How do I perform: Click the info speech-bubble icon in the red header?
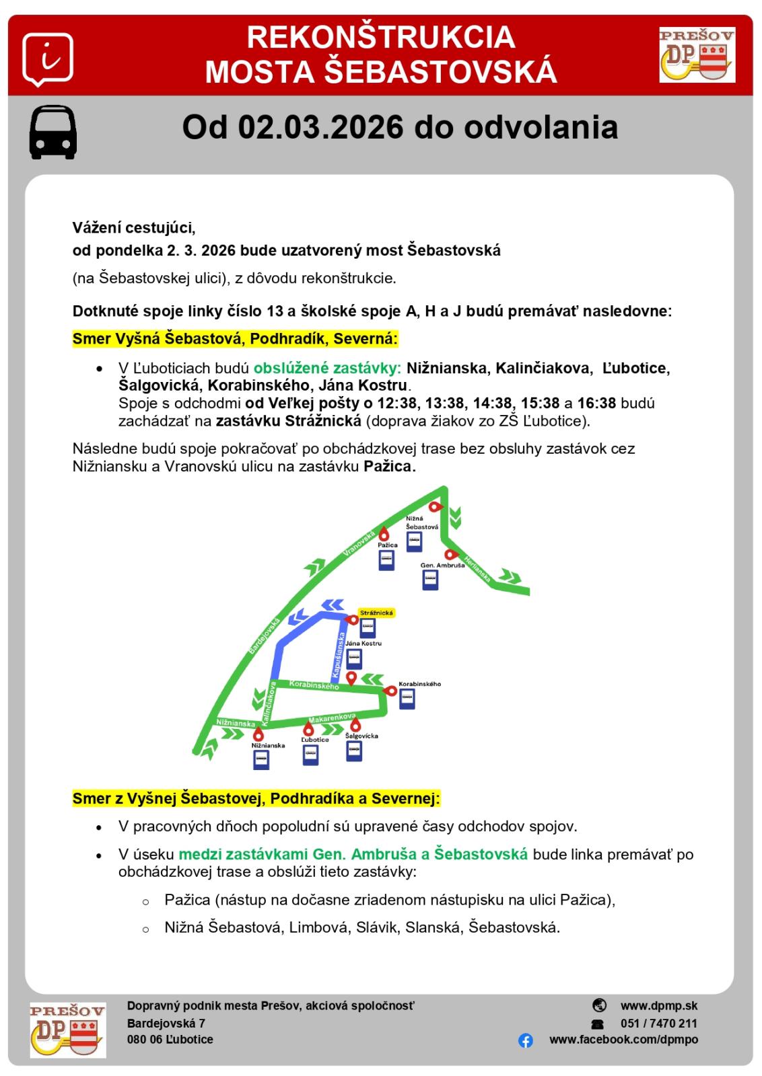(x=47, y=59)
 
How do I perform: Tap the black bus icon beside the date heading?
(x=53, y=132)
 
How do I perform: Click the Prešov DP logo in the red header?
(x=697, y=54)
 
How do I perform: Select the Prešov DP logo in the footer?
(x=67, y=1030)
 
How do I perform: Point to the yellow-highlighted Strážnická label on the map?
(x=376, y=613)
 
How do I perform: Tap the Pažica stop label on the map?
(x=388, y=545)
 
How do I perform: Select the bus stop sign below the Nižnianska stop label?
(x=261, y=759)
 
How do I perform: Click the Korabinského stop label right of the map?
(x=419, y=684)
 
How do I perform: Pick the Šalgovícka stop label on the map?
(x=361, y=736)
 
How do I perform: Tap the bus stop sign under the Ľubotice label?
(x=310, y=755)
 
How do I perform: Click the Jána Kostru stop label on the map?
(x=363, y=644)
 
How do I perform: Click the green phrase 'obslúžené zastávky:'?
(x=327, y=368)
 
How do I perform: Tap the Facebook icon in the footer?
(x=526, y=1040)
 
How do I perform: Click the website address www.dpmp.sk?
(x=658, y=1006)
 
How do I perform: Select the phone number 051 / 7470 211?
(x=658, y=1024)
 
